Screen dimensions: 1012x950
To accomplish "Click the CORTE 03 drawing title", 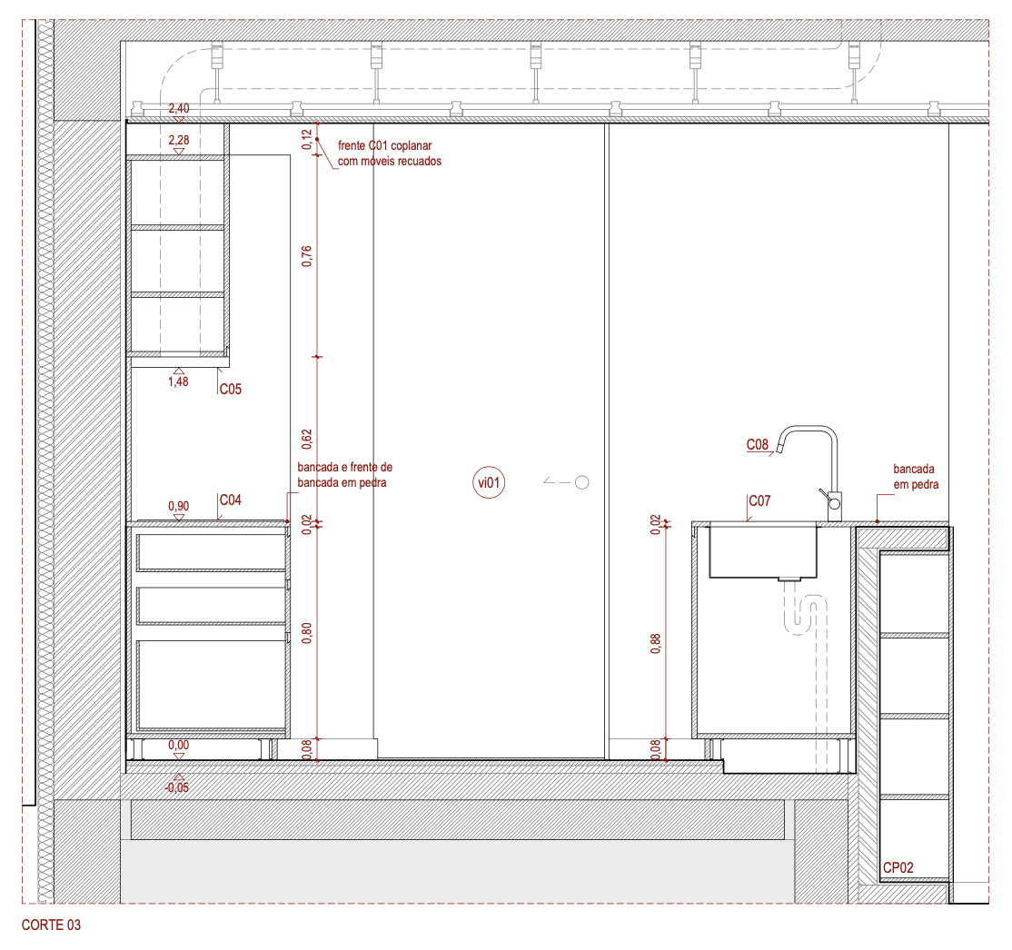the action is pos(51,925).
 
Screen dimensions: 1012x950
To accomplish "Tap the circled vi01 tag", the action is pos(489,483).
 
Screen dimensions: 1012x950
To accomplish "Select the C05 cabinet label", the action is pos(231,389).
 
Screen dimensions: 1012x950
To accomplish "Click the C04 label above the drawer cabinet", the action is pos(231,500).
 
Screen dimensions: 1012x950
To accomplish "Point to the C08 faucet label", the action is pos(758,445).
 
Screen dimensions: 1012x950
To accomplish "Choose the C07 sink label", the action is pos(759,500).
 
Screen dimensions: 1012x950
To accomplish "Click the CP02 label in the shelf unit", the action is pos(898,868).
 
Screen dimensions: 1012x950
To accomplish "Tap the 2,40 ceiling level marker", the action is pos(179,108).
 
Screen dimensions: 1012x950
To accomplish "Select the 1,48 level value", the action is pos(178,381).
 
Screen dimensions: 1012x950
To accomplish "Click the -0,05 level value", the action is pos(177,787).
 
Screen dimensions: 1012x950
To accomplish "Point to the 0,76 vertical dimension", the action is pos(306,256).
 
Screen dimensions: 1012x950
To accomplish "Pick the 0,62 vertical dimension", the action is pos(306,440).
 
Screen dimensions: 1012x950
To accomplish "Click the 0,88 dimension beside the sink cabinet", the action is pos(656,643).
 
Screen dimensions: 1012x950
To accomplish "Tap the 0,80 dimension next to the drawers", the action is pos(306,633).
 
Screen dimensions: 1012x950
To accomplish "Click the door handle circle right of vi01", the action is pos(581,482).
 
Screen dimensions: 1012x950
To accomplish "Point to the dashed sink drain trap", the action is pos(805,617).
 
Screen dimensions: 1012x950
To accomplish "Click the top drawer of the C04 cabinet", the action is pos(211,552).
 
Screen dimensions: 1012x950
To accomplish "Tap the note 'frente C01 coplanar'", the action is pos(384,146).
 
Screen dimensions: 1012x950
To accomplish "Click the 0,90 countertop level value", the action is pos(179,507).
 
